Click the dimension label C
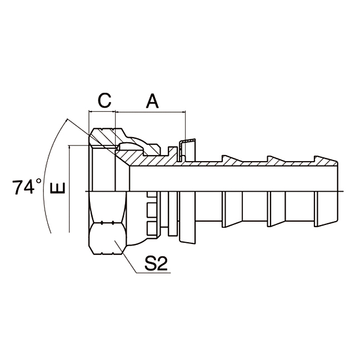pyautogui.click(x=104, y=101)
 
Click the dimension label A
pyautogui.click(x=152, y=101)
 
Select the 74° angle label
pyautogui.click(x=27, y=187)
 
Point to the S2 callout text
pyautogui.click(x=156, y=264)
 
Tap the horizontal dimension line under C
pyautogui.click(x=102, y=112)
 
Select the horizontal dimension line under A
pyautogui.click(x=150, y=112)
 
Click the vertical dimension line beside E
pyautogui.click(x=69, y=189)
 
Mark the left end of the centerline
pyautogui.click(x=87, y=192)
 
